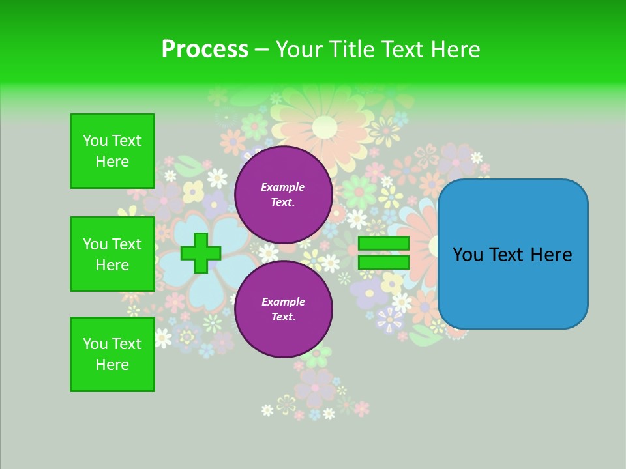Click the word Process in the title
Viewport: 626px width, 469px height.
(205, 50)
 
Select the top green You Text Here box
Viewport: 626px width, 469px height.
(112, 151)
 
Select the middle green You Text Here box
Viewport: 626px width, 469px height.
(112, 254)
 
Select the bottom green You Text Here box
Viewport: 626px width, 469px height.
(112, 354)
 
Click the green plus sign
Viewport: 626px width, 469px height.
(200, 253)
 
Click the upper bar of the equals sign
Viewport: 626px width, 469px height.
(383, 244)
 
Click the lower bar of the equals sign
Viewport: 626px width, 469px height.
(383, 263)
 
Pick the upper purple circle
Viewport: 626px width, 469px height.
(283, 195)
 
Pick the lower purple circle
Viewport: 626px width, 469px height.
(283, 309)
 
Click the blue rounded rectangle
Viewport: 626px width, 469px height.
(513, 253)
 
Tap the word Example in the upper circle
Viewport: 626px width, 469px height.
(283, 187)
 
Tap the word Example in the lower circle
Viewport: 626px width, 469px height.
(283, 302)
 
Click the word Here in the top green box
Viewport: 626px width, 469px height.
(112, 162)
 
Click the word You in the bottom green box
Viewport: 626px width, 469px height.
(95, 344)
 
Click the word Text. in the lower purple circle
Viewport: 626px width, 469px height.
(283, 317)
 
